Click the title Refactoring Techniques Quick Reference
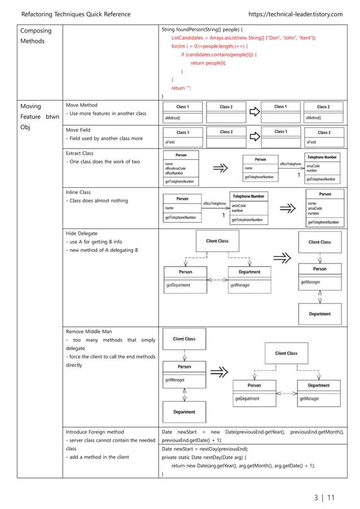point(75,14)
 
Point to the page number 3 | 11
point(324,497)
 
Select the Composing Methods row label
point(35,36)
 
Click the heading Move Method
point(81,105)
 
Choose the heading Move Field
point(78,130)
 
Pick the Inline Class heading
point(78,192)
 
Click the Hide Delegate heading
point(81,232)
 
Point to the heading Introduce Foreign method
point(94,432)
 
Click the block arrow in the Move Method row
point(255,112)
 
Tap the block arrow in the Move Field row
point(255,137)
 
